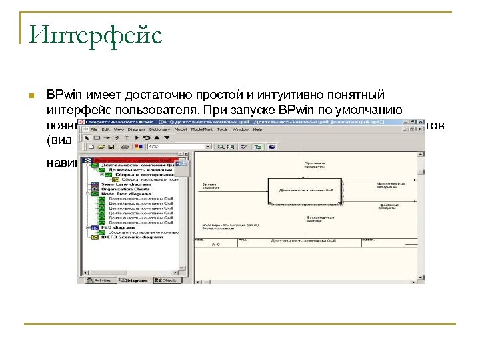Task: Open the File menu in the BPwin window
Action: (x=93, y=129)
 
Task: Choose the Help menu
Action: (x=257, y=129)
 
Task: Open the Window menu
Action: (x=240, y=129)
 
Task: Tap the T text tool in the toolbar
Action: (x=127, y=137)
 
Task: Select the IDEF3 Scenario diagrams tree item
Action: (x=130, y=237)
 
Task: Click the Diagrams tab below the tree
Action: (x=134, y=281)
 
